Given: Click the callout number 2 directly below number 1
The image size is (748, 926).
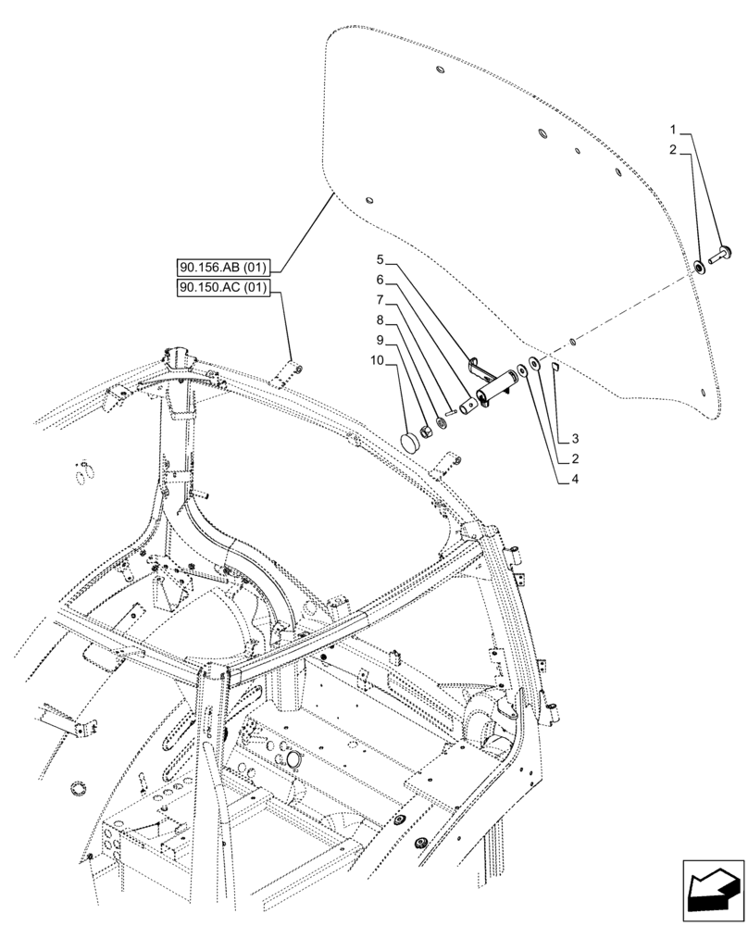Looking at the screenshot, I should (675, 149).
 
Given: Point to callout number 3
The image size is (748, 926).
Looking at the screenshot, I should (575, 437).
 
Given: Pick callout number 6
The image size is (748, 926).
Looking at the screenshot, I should (380, 280).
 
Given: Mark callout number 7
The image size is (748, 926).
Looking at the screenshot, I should (380, 301).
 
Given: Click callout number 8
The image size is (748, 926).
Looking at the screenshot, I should (380, 321).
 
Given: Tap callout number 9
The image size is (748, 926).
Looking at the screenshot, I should (380, 342).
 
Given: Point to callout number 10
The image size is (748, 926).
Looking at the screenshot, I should (378, 362).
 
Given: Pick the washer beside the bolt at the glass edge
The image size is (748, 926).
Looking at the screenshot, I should (701, 268).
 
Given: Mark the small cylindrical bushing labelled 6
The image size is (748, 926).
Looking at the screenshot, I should (467, 406).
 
